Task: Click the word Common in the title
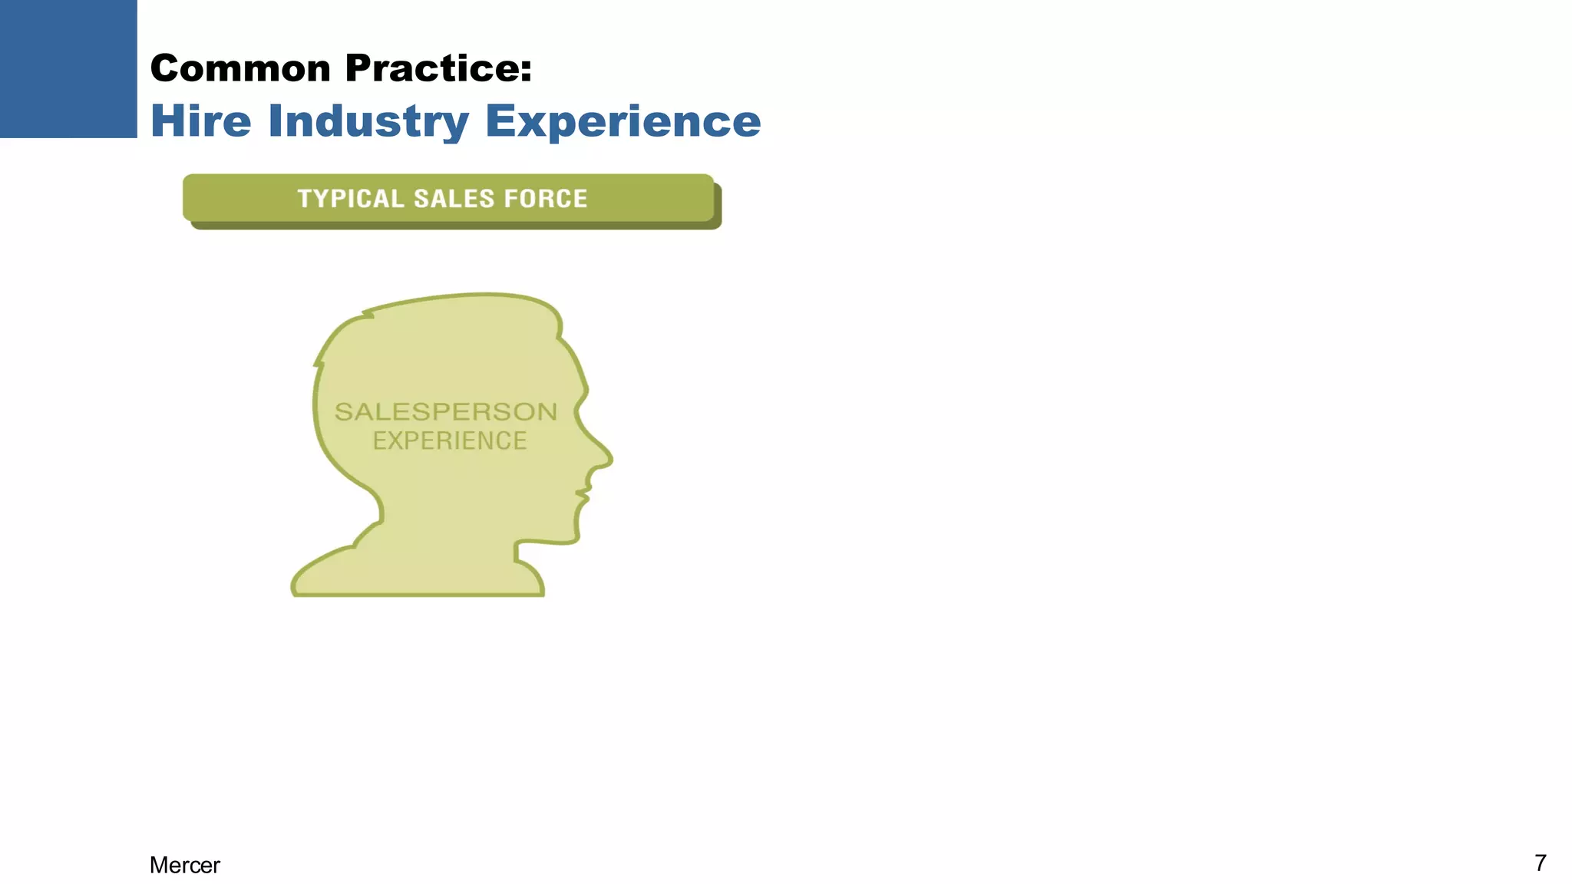tap(240, 68)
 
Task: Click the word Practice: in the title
tap(438, 68)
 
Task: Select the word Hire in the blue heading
tap(201, 121)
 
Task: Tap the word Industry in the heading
tap(368, 121)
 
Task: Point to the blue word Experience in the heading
tap(623, 121)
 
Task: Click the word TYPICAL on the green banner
tap(351, 199)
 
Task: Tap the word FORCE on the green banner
tap(545, 199)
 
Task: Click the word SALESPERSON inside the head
tap(446, 412)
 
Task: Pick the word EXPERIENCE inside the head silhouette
tap(450, 441)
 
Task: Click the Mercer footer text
tap(184, 865)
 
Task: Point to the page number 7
tap(1540, 863)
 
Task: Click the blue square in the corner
tap(68, 68)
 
